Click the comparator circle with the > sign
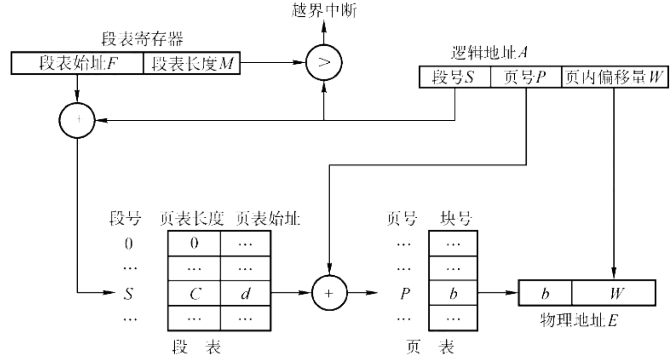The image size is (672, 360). tap(324, 62)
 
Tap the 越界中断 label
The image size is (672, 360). tap(324, 10)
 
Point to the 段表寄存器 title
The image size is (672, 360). tap(142, 40)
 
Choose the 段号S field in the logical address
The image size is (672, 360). tap(454, 78)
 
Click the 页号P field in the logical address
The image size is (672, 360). tap(525, 78)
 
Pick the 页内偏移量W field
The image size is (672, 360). tap(614, 78)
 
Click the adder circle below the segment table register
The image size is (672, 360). tap(77, 120)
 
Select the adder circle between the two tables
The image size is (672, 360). tap(329, 293)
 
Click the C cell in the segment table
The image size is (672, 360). tap(195, 293)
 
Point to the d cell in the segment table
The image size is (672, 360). tap(246, 293)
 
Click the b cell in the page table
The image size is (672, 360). tap(453, 293)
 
